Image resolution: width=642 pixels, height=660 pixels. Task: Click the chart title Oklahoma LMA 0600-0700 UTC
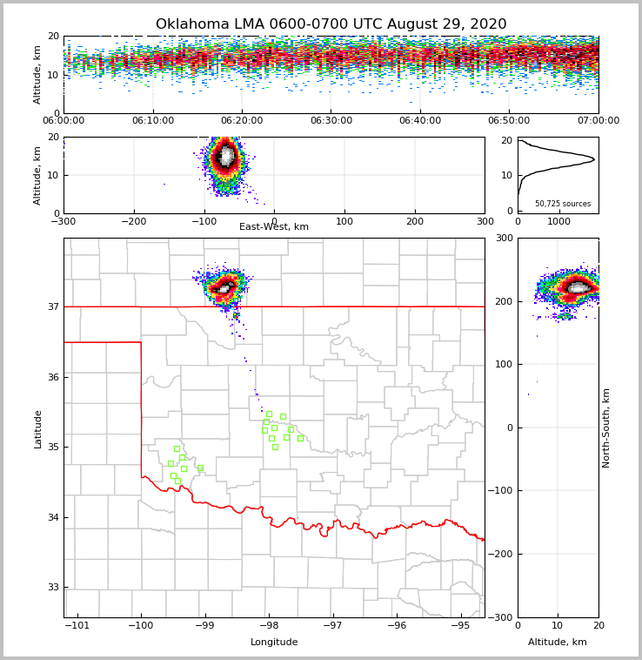point(331,24)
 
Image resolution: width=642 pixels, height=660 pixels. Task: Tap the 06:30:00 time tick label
point(331,121)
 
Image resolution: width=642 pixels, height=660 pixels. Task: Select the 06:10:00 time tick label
point(153,121)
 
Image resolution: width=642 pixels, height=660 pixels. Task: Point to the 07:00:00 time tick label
point(599,121)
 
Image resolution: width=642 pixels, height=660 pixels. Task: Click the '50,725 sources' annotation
point(563,204)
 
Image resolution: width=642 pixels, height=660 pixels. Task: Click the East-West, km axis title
point(274,227)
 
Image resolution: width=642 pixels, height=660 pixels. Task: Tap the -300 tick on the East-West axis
point(64,221)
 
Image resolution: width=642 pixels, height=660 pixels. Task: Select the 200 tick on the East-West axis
point(415,221)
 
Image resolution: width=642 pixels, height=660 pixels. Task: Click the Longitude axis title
point(274,643)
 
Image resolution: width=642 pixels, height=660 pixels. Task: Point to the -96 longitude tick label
point(397,626)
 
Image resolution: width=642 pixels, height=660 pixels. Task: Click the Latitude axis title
point(37,428)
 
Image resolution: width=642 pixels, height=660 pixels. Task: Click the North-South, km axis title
point(606,428)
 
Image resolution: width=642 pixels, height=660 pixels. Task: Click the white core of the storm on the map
point(224,287)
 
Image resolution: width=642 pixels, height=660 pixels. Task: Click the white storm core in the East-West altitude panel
point(227,157)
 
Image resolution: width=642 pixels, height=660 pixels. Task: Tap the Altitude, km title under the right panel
point(558,643)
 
